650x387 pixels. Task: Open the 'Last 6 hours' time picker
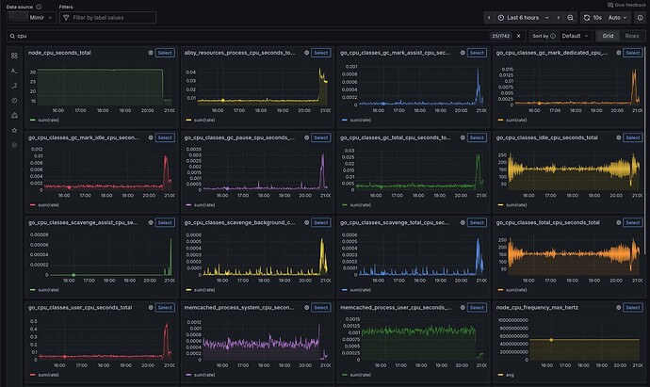[x=527, y=17]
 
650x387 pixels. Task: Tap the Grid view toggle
[x=608, y=35]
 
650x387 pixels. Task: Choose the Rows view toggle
[x=632, y=35]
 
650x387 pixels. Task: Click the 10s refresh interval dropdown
[x=594, y=17]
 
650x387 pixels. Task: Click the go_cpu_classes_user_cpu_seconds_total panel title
[x=80, y=307]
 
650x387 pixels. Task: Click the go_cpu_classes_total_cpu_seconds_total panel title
[x=547, y=222]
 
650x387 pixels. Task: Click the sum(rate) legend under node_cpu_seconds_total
[x=50, y=121]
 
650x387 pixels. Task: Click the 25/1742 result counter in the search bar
[x=500, y=35]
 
